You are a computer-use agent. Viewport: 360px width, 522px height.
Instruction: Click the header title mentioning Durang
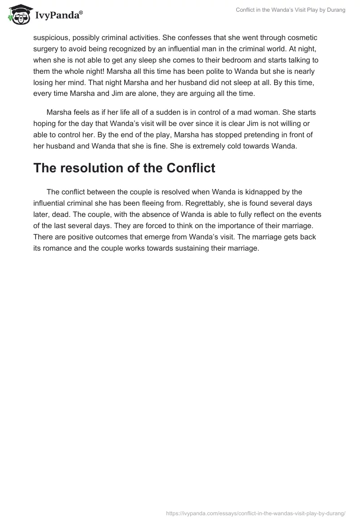(x=290, y=10)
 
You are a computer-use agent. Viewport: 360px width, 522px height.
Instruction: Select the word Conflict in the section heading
(x=191, y=168)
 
